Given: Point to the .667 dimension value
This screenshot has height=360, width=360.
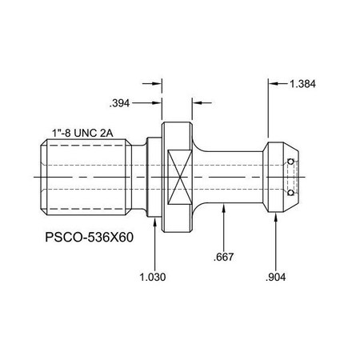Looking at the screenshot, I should tap(225, 258).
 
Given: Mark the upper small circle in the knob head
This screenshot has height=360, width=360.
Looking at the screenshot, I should tap(290, 162).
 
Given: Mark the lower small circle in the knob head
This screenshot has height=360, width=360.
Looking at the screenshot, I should tap(290, 192).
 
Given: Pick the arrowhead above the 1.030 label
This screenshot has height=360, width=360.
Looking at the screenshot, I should tap(153, 219).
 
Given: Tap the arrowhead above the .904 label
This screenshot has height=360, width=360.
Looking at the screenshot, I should tap(276, 219).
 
